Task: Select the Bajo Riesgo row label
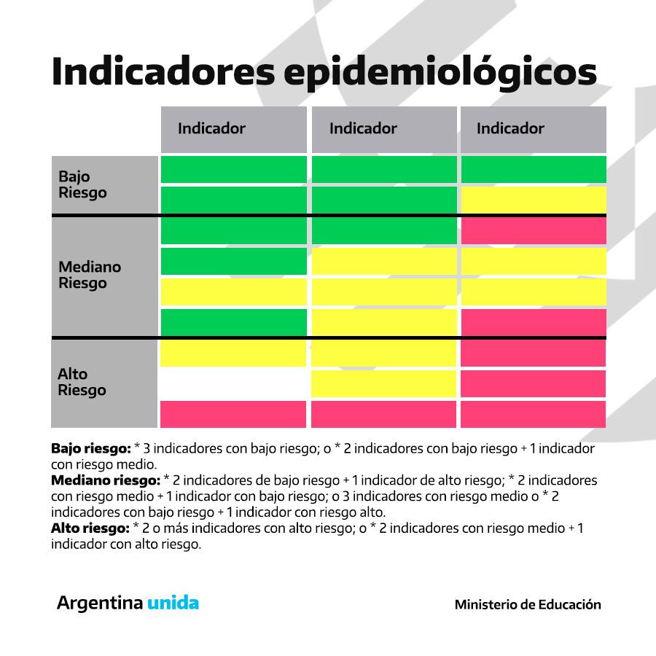82,184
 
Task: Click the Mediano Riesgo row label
90,275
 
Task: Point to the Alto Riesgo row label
82,382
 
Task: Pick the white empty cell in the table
233,383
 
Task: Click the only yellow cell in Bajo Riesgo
533,200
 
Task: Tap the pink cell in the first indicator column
233,414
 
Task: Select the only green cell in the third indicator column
533,169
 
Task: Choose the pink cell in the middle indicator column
383,414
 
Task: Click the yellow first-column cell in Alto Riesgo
233,354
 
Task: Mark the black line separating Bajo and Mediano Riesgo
328,215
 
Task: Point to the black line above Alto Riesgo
328,337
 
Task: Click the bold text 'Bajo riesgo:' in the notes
90,448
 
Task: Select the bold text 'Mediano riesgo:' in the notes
105,480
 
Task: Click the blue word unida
173,603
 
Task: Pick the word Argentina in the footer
100,603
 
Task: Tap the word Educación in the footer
570,604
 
